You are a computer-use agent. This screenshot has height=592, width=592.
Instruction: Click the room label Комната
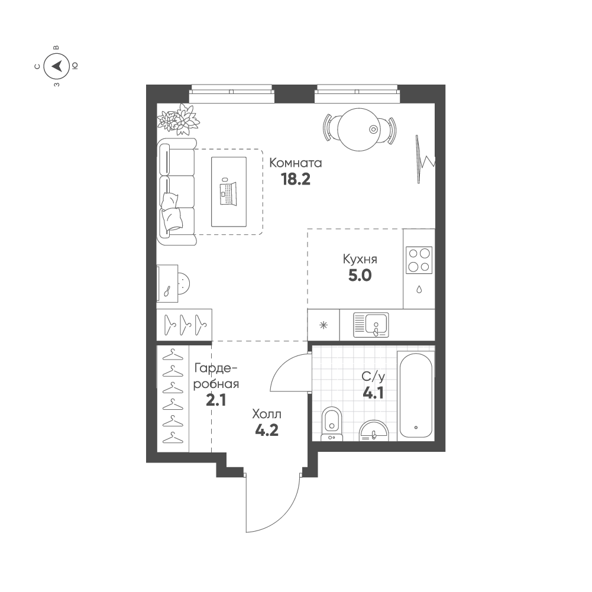[x=295, y=163]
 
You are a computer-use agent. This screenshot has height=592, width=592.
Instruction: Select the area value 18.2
[x=295, y=179]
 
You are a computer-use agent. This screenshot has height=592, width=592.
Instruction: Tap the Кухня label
[x=360, y=260]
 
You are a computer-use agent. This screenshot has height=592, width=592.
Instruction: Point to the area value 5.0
[x=360, y=276]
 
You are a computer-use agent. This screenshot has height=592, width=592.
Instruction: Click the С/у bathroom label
[x=373, y=376]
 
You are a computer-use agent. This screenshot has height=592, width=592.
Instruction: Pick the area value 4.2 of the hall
[x=267, y=431]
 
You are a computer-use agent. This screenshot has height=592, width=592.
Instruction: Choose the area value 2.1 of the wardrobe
[x=216, y=400]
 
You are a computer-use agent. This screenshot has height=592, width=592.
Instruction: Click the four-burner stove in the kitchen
[x=419, y=260]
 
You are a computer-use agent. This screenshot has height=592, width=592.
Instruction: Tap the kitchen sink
[x=371, y=325]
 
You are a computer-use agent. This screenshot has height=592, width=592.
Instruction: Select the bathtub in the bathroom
[x=416, y=395]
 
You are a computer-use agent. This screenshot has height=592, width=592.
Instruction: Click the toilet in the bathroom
[x=332, y=423]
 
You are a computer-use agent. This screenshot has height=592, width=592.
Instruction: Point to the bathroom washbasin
[x=373, y=431]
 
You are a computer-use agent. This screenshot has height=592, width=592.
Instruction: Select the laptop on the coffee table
[x=228, y=193]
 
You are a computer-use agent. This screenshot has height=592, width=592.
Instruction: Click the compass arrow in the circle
[x=57, y=66]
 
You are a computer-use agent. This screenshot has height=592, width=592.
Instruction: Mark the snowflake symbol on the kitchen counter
[x=324, y=325]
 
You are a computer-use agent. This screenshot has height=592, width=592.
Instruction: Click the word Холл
[x=267, y=415]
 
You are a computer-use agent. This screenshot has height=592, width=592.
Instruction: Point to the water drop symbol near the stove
[x=419, y=290]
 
